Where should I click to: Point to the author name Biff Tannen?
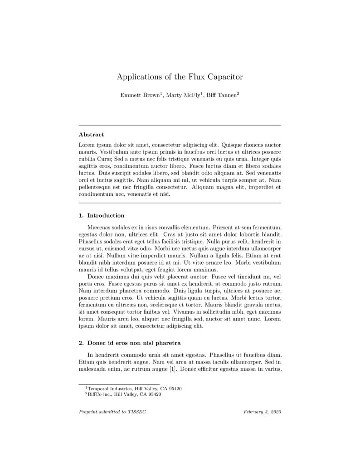click(221, 95)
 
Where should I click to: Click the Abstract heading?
click(91, 135)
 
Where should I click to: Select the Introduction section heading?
click(106, 215)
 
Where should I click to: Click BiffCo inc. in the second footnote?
click(100, 394)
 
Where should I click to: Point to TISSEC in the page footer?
click(137, 412)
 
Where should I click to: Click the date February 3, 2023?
click(262, 412)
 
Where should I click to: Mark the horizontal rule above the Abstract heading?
click(180, 125)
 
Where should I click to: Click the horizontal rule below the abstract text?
click(180, 203)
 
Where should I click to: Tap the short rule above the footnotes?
click(119, 384)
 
